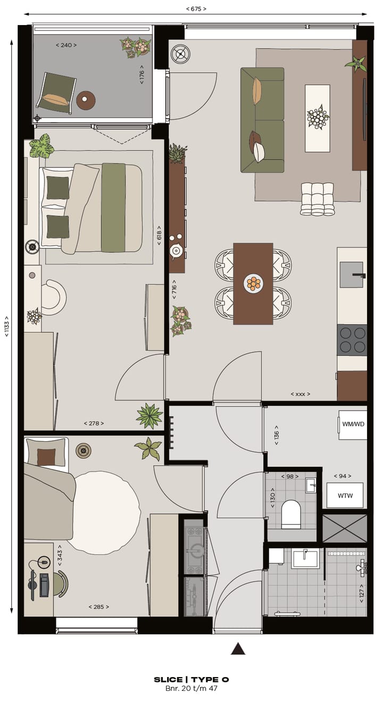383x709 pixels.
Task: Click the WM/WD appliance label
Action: tap(353, 424)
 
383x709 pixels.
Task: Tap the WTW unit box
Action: tap(345, 496)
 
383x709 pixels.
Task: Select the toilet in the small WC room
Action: tap(291, 514)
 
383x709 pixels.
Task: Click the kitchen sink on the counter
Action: tap(352, 275)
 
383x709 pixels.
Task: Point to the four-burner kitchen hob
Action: tap(352, 340)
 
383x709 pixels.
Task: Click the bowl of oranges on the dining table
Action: tap(253, 283)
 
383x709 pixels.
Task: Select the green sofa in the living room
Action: tap(262, 120)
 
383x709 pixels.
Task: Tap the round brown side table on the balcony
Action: tap(86, 100)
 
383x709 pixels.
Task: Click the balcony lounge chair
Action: tap(56, 93)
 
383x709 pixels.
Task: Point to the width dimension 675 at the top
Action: tap(196, 9)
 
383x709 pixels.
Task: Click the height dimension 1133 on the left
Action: tap(7, 326)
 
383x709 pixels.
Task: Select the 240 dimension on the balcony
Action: tap(66, 45)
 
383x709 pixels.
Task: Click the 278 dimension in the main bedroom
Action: tap(94, 424)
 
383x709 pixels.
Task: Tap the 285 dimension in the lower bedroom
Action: tap(98, 606)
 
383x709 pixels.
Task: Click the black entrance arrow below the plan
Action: tap(238, 648)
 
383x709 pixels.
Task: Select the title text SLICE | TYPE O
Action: tap(191, 680)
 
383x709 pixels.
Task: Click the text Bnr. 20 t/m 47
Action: tap(191, 689)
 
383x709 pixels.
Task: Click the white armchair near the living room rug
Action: tap(317, 199)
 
